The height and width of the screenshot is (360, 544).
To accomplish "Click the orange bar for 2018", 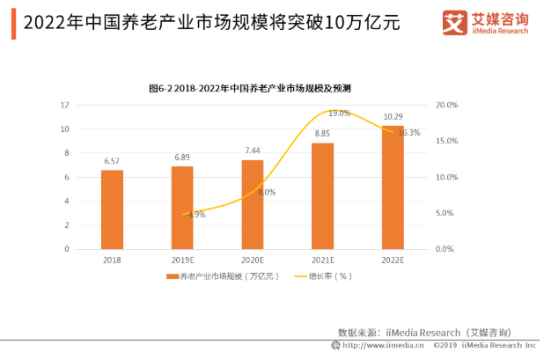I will click(x=112, y=209).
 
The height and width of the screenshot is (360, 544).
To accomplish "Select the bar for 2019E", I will click(x=182, y=208).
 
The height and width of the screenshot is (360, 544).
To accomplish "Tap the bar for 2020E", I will click(x=253, y=204).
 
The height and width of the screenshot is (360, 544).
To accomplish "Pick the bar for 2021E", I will click(x=323, y=195).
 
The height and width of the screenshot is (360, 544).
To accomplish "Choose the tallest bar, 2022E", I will click(x=393, y=187).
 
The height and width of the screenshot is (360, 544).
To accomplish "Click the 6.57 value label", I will click(x=112, y=161).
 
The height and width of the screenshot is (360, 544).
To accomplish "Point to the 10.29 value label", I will click(x=393, y=116).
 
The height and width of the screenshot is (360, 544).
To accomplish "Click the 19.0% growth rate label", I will click(x=339, y=114).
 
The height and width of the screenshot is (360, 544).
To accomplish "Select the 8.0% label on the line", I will click(x=268, y=192).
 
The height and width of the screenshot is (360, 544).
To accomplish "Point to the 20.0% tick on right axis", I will click(x=447, y=105).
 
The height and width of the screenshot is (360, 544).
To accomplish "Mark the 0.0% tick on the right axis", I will click(x=445, y=249).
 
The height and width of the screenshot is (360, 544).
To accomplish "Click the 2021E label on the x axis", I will click(x=323, y=261).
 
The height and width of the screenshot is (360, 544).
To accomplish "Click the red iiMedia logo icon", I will click(x=454, y=21).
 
